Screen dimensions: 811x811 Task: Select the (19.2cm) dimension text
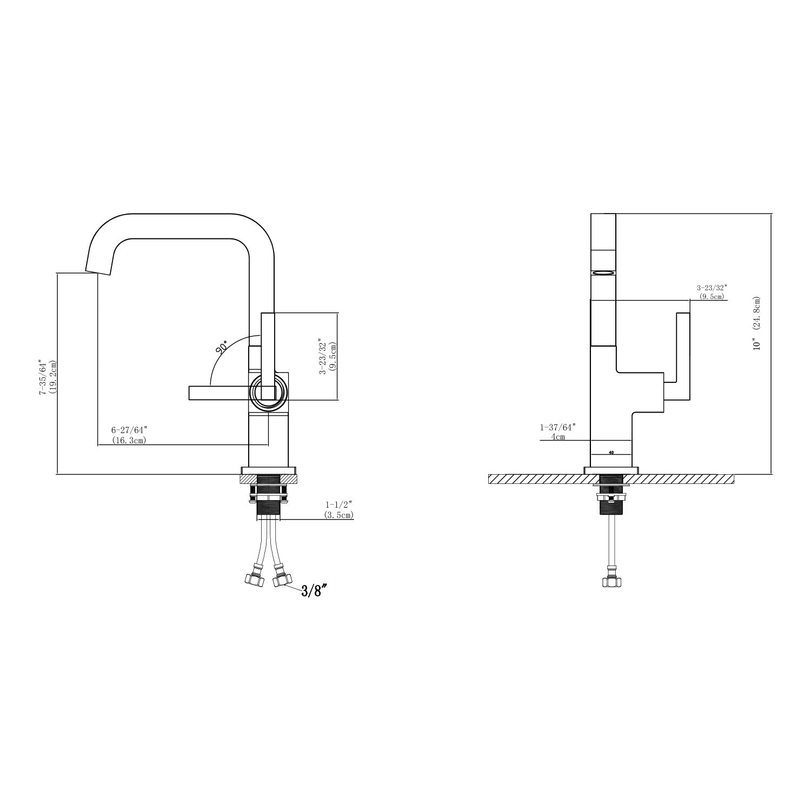(x=52, y=377)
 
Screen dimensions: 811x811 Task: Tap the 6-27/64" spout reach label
(x=129, y=430)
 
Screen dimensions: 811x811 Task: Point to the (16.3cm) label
(x=129, y=441)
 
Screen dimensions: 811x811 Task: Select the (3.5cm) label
(x=339, y=515)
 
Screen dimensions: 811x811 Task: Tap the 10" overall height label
(x=757, y=344)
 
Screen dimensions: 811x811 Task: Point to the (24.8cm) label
(x=757, y=313)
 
